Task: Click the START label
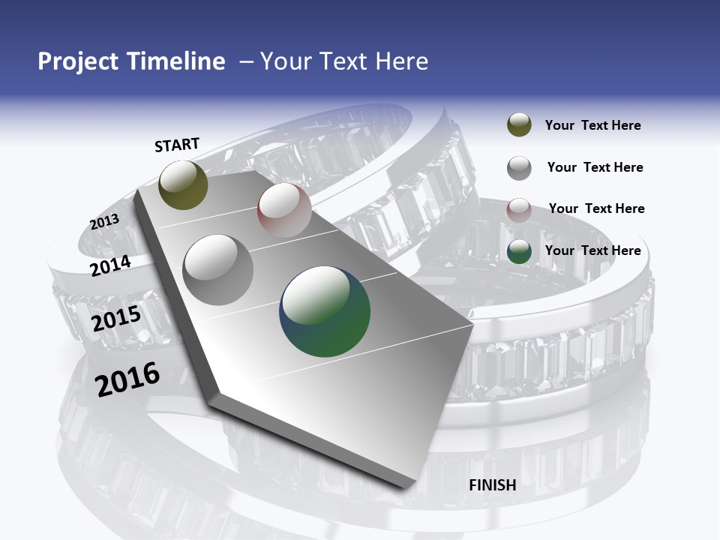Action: pyautogui.click(x=177, y=145)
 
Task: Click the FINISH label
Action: pyautogui.click(x=492, y=485)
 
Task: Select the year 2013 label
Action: pyautogui.click(x=104, y=222)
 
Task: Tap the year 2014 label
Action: pyautogui.click(x=110, y=265)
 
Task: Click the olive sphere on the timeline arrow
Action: pyautogui.click(x=183, y=184)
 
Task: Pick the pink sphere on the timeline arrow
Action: pyautogui.click(x=284, y=209)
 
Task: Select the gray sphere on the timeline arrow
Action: pyautogui.click(x=218, y=269)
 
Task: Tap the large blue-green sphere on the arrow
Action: pyautogui.click(x=325, y=310)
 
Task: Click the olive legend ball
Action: pyautogui.click(x=519, y=125)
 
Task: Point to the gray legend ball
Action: pyautogui.click(x=519, y=168)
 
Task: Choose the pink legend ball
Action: pyautogui.click(x=519, y=209)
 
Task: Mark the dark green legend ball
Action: pyautogui.click(x=519, y=251)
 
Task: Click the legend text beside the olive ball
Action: pyautogui.click(x=592, y=125)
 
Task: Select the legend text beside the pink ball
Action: pyautogui.click(x=596, y=208)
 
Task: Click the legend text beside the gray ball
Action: pyautogui.click(x=595, y=167)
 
